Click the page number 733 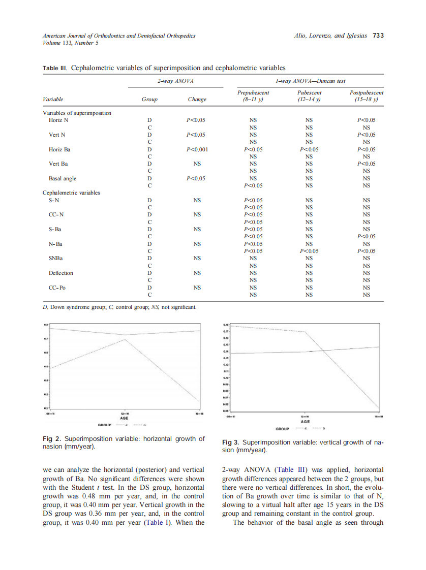tap(378, 36)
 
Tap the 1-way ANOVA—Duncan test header tap(310, 81)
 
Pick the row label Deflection tap(61, 273)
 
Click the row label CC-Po tap(57, 288)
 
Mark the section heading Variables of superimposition tap(77, 113)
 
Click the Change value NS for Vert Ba tap(197, 164)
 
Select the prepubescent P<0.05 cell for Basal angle tap(253, 185)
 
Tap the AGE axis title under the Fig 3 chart tap(305, 422)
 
